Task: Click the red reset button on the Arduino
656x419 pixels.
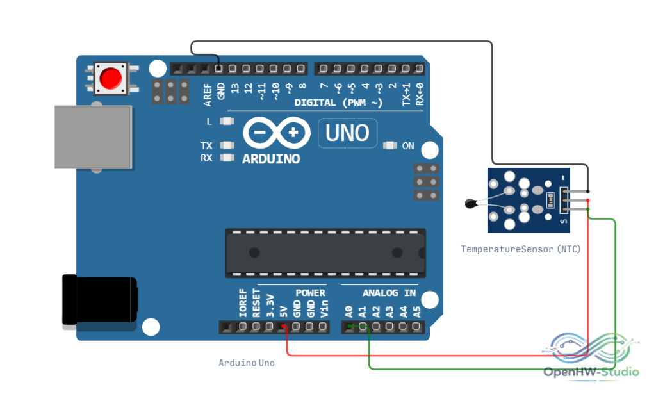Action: coord(111,78)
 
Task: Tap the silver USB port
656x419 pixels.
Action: coord(94,137)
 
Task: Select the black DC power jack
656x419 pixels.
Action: coord(99,300)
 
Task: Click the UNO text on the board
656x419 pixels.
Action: coord(347,133)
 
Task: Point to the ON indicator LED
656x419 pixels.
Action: coord(390,145)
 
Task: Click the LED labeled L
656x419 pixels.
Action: coord(227,121)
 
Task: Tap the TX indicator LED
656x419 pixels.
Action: coord(227,145)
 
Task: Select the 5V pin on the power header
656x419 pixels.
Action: coord(283,327)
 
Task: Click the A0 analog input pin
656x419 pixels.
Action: coord(349,327)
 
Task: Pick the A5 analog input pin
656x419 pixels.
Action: coord(416,327)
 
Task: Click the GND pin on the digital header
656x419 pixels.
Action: coord(219,68)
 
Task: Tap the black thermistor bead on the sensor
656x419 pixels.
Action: coord(471,204)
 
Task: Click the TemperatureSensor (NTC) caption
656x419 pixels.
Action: coord(521,249)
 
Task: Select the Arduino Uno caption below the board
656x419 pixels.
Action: coord(247,363)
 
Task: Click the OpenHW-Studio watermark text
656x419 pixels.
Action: coord(591,372)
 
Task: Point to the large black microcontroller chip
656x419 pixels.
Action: coord(325,253)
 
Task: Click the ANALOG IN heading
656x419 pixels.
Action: coord(389,293)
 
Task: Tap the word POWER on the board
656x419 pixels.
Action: coord(310,293)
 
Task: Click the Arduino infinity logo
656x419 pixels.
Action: coord(277,133)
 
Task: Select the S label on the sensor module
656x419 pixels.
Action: coord(564,221)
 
